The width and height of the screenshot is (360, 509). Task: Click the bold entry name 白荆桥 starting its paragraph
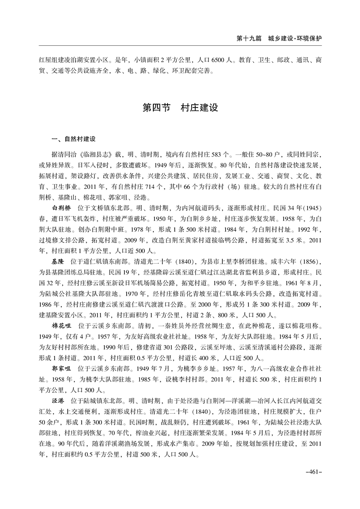click(x=62, y=207)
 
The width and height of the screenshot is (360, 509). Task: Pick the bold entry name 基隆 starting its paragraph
click(x=59, y=262)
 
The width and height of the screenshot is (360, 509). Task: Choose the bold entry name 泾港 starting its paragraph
click(x=59, y=401)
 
